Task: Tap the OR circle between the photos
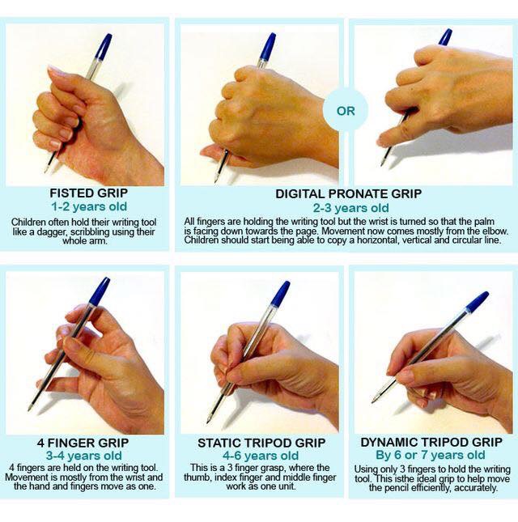(346, 111)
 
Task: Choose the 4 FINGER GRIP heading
(85, 443)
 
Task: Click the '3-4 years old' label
(85, 456)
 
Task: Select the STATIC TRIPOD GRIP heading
(261, 443)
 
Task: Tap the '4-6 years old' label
(261, 456)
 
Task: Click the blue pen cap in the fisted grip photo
(102, 47)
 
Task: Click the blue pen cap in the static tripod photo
(279, 294)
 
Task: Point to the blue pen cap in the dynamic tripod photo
(477, 303)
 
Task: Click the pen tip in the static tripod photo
(208, 420)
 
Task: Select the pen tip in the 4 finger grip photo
(30, 407)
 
